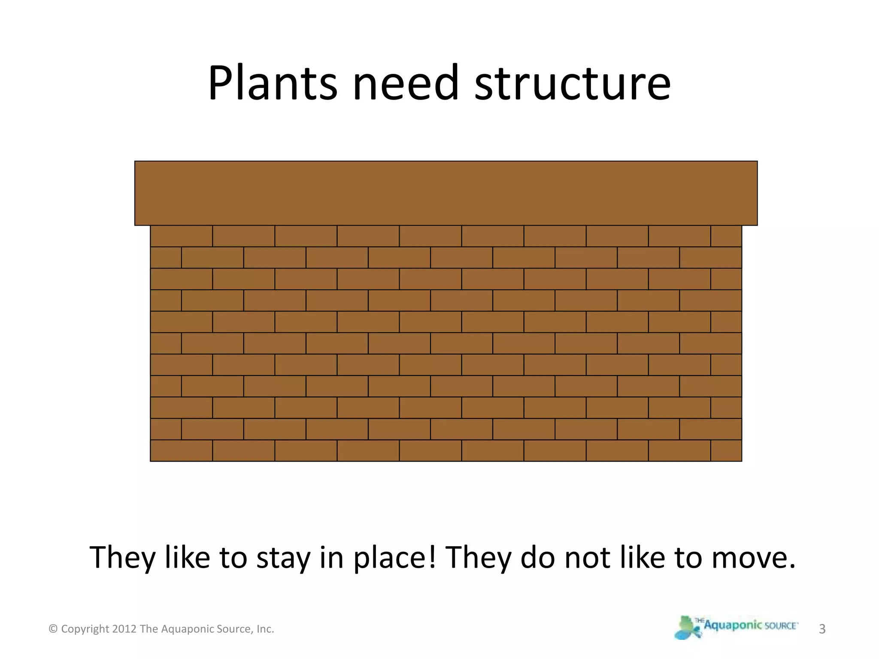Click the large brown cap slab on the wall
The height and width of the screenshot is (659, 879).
(446, 193)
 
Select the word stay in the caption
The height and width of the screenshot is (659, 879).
(283, 558)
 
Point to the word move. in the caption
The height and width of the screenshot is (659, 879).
(754, 558)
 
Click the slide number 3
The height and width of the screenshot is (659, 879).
(822, 629)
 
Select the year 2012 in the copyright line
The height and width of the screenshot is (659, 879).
(124, 629)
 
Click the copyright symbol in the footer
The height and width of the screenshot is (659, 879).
(53, 629)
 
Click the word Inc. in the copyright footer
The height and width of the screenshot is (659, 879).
(265, 629)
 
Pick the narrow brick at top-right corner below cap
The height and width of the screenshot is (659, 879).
(726, 236)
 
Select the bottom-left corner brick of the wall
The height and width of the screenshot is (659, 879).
(181, 450)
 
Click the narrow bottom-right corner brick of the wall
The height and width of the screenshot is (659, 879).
(726, 450)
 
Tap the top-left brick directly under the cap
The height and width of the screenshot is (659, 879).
(181, 236)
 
